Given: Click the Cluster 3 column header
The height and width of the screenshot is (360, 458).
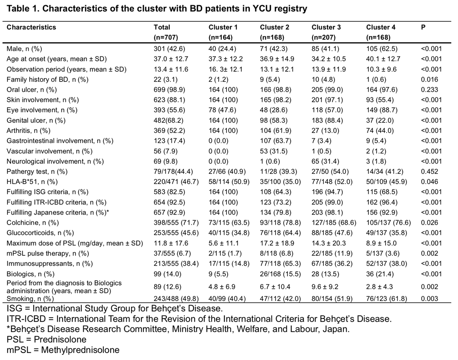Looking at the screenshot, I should (x=326, y=27).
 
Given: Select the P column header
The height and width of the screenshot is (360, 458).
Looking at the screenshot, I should (x=423, y=27).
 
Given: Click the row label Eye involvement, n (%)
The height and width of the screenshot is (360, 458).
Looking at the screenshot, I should (x=42, y=110).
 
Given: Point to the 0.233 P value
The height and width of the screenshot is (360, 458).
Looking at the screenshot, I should (x=429, y=90).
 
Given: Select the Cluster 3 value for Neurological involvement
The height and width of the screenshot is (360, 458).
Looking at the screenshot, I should (x=327, y=161).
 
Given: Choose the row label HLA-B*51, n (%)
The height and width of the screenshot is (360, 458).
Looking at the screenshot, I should (x=32, y=182).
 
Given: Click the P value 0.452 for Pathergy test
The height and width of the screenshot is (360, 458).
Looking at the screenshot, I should (x=429, y=172).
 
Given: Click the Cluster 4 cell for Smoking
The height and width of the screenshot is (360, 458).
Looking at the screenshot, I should (x=386, y=299).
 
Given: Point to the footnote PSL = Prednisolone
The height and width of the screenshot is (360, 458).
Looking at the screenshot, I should (x=46, y=339).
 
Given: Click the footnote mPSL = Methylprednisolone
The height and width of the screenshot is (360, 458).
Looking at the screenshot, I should (x=63, y=350).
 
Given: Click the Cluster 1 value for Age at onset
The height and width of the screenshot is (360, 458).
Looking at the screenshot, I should (x=225, y=59).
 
